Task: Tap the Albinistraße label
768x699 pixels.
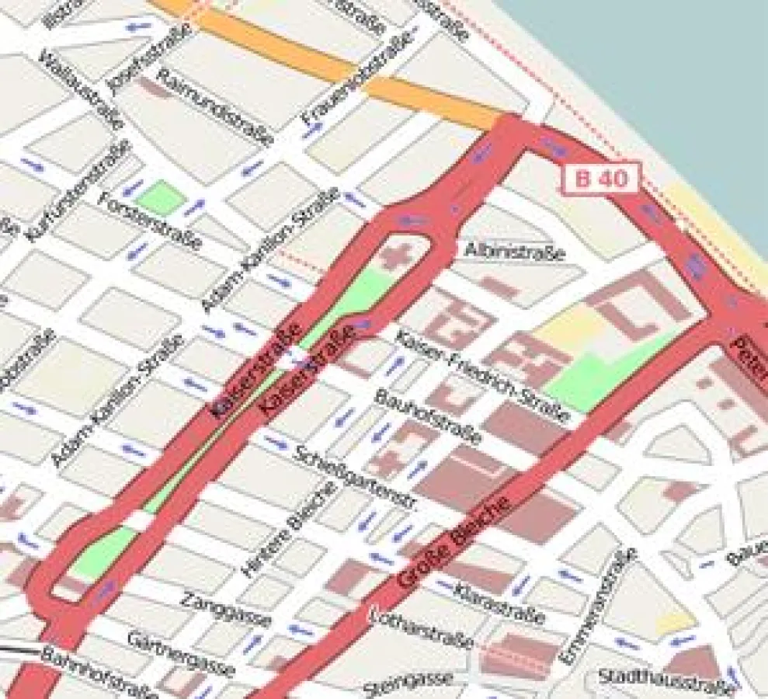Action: coord(514,251)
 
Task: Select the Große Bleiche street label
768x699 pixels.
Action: coord(455,543)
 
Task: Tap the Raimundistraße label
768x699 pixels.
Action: coord(215,106)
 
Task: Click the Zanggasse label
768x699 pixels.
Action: coord(226,609)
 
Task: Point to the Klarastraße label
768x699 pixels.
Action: coord(501,604)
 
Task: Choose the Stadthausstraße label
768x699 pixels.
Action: coord(665,683)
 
